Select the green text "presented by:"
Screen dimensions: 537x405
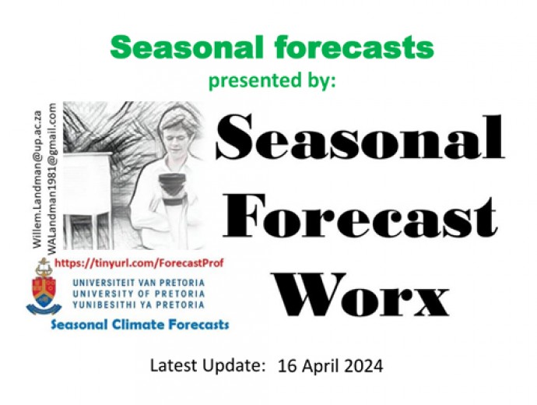pos(272,81)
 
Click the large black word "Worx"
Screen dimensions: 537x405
pos(363,294)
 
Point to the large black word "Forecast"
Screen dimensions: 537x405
pos(360,216)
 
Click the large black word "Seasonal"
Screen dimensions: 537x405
pos(360,137)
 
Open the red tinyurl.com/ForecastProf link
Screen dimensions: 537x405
pos(139,263)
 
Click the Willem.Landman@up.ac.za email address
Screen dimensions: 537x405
pos(37,179)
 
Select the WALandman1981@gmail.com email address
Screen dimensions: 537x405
pos(51,179)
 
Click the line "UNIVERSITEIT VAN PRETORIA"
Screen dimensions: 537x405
pos(139,283)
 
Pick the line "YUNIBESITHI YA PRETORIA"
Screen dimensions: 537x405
pos(139,305)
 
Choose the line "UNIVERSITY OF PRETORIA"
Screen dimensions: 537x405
pos(139,294)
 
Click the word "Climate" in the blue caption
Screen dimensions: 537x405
pos(139,324)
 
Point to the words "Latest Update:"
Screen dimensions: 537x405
pos(209,366)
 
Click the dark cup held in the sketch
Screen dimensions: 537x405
pos(174,188)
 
